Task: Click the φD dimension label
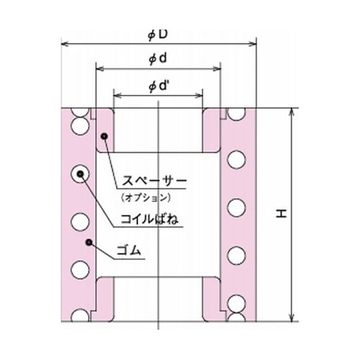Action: pyautogui.click(x=159, y=33)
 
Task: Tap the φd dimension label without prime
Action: pyautogui.click(x=158, y=58)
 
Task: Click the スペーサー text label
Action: pyautogui.click(x=152, y=181)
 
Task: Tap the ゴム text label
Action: pyautogui.click(x=130, y=251)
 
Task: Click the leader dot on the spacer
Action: pyautogui.click(x=104, y=135)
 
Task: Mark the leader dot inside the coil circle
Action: pyautogui.click(x=79, y=174)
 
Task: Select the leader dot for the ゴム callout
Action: pyautogui.click(x=89, y=242)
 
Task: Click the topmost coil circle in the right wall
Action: pyautogui.click(x=238, y=114)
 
